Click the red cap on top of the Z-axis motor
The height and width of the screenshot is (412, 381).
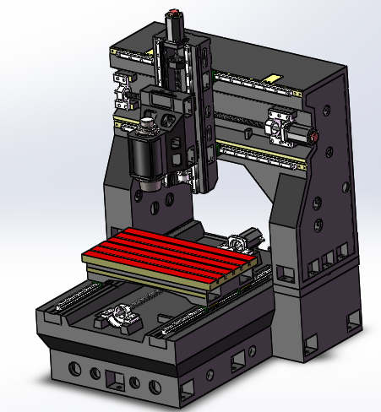click(174, 12)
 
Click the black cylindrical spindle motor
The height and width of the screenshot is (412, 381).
click(147, 157)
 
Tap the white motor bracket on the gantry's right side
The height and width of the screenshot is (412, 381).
click(280, 126)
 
